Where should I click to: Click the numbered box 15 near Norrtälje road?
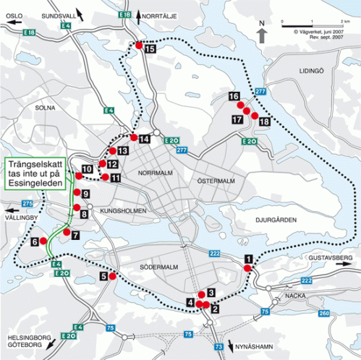150,50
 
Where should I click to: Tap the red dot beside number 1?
247,269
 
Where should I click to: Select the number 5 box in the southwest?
103,275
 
